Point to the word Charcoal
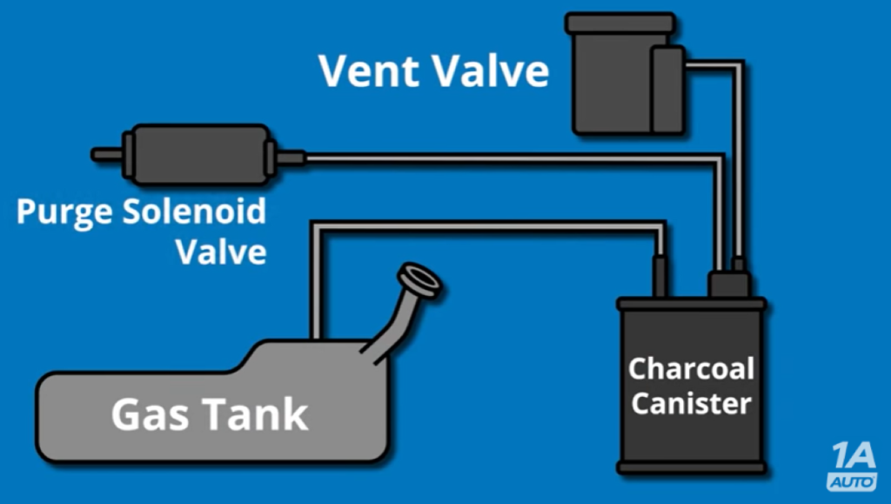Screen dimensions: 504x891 pos(691,369)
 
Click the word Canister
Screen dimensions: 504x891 pos(691,404)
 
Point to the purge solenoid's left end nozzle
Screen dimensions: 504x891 pos(106,155)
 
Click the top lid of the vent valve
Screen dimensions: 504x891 pos(620,22)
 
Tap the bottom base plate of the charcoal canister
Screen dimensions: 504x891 pos(691,467)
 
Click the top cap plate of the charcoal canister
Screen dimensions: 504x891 pos(691,304)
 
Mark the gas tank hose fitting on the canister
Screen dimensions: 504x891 pos(660,276)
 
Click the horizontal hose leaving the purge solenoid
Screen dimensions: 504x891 pos(505,158)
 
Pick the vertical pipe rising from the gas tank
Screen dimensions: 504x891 pos(318,287)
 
